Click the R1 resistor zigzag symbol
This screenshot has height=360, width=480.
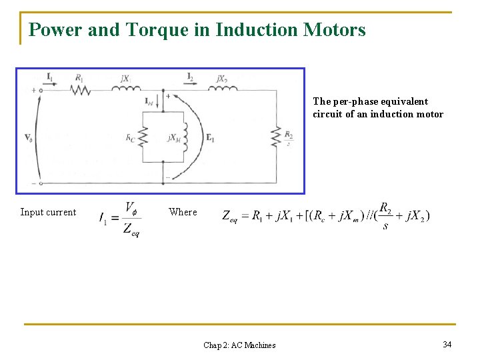point(81,89)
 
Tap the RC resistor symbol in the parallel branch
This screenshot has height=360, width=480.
point(141,137)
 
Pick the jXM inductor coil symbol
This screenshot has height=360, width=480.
point(184,137)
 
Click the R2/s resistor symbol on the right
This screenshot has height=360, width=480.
point(275,137)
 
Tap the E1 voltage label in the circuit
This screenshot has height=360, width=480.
point(211,139)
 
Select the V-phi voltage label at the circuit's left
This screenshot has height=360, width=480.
point(28,138)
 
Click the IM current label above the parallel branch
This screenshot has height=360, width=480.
point(149,101)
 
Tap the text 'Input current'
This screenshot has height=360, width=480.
point(48,213)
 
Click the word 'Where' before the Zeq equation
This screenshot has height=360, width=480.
point(183,212)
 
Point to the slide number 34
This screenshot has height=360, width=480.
point(447,344)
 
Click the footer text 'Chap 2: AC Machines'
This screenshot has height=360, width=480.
point(239,345)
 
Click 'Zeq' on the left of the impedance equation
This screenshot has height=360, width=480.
point(230,216)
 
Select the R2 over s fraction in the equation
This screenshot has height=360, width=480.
point(385,215)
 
